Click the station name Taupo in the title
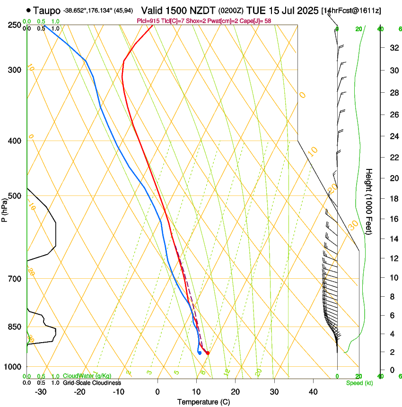(47, 10)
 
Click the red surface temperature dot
(208, 353)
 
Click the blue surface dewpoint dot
(200, 353)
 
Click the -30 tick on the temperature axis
(40, 392)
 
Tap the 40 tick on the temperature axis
(313, 392)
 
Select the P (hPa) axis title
(5, 208)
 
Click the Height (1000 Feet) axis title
(369, 201)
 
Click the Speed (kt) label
(359, 383)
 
